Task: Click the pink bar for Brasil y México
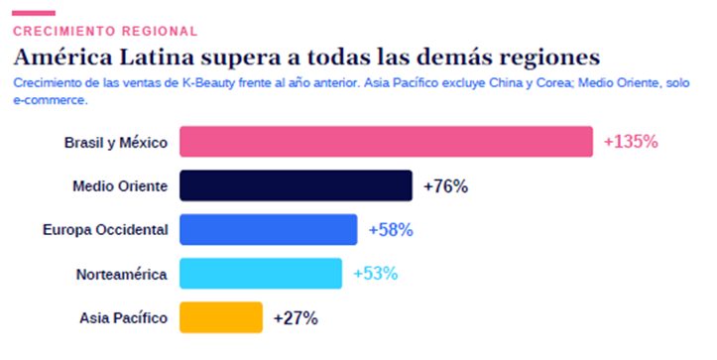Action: (386, 142)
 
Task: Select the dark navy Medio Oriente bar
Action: (296, 185)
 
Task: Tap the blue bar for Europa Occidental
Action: (269, 230)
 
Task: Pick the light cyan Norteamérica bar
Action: (261, 274)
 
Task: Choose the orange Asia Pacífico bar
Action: (221, 317)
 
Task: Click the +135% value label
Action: (631, 142)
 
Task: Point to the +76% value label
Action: (446, 186)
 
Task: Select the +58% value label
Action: (391, 230)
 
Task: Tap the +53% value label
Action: (376, 274)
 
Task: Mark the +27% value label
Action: (296, 318)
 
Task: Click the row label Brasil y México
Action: (116, 143)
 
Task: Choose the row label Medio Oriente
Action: (120, 186)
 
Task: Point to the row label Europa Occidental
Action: (105, 230)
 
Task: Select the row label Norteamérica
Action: (122, 274)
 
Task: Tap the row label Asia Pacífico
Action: (123, 318)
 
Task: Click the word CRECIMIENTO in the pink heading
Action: (64, 31)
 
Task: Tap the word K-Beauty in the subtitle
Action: (208, 82)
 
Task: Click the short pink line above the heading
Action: (34, 13)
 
